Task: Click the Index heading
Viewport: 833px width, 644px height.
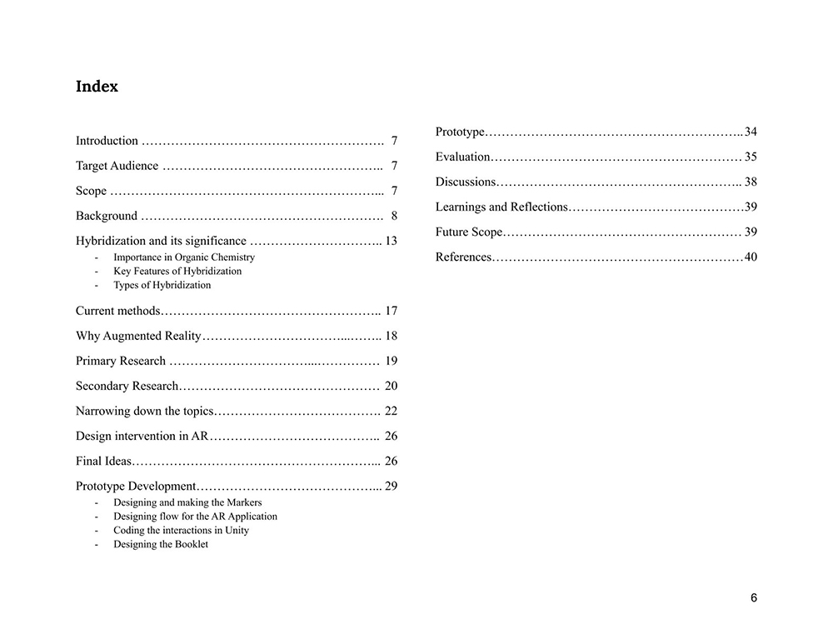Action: [97, 87]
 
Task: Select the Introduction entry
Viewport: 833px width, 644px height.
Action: [107, 141]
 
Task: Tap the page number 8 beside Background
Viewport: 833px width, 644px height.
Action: [394, 216]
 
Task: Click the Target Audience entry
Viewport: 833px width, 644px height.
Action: [117, 166]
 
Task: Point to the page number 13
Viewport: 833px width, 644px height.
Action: [391, 241]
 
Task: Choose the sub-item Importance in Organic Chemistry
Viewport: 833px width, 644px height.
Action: [184, 257]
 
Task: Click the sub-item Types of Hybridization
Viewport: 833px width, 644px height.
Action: [162, 285]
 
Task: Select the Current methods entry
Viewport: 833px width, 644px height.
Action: [117, 311]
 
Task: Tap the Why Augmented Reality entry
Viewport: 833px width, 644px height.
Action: [138, 336]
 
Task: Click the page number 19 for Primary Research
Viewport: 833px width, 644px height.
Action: [391, 361]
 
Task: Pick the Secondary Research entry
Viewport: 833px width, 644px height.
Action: [127, 386]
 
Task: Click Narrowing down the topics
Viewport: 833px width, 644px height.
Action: [145, 411]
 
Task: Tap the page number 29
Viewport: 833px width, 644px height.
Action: [391, 486]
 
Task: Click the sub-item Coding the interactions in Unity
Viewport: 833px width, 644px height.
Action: [181, 530]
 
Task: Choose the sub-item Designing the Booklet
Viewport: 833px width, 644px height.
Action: [161, 544]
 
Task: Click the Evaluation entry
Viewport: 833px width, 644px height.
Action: [462, 157]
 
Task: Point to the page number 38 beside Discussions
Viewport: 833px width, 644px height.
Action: [751, 182]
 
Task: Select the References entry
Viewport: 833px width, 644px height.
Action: [463, 257]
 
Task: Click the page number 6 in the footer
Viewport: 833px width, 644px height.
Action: [754, 597]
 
